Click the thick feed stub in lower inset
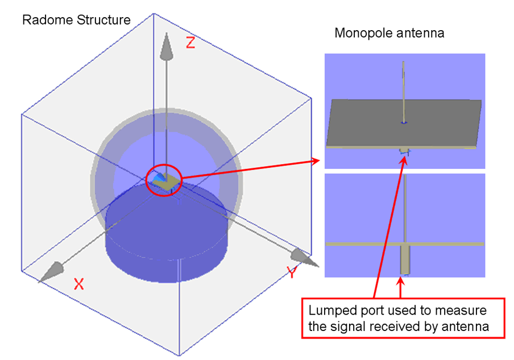tap(405, 260)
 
